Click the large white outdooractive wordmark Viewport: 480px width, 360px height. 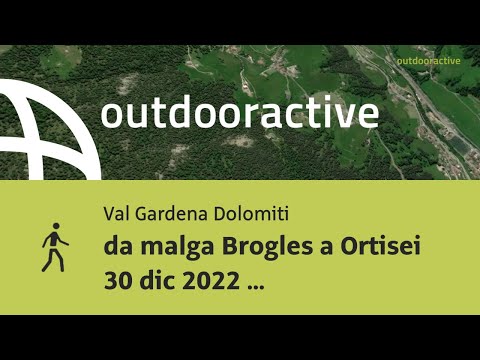point(239,112)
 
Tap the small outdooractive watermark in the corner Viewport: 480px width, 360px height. point(427,61)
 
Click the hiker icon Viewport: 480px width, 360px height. point(55,247)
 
